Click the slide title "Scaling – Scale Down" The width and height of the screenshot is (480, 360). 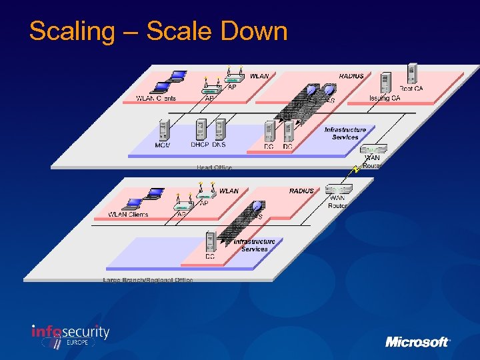pos(158,31)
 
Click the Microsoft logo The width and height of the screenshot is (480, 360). pos(417,341)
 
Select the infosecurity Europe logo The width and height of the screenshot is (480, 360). pos(70,335)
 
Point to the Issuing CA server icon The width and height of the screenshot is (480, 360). pos(385,83)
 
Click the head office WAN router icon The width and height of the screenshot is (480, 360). pos(373,150)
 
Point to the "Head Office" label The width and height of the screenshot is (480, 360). pos(215,167)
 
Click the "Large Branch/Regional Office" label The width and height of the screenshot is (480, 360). pos(148,280)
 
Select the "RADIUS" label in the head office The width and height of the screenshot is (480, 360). pos(351,76)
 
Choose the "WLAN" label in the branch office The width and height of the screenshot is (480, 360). pos(229,191)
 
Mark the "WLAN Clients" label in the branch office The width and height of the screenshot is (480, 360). pos(128,215)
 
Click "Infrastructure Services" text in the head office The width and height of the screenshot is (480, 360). pos(345,133)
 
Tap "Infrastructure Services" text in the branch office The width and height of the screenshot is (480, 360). pos(254,245)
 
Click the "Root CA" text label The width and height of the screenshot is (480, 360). pos(411,88)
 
